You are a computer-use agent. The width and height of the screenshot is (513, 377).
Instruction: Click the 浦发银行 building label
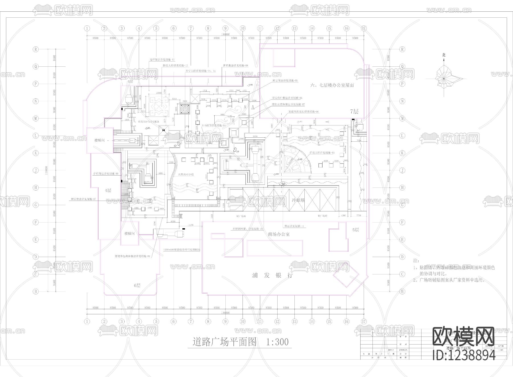(x=272, y=276)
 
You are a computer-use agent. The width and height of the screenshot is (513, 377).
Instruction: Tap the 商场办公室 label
(x=279, y=234)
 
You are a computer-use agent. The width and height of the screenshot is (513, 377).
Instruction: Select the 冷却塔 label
(x=298, y=200)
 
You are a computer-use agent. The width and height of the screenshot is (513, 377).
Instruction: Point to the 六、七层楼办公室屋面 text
(x=332, y=85)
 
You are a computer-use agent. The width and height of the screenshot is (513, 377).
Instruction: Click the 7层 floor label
(x=354, y=111)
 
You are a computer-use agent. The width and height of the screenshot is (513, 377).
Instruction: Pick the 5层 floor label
(x=356, y=230)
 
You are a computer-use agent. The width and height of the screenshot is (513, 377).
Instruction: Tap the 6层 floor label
(x=137, y=286)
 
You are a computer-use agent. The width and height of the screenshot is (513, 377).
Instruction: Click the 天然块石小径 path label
(x=186, y=174)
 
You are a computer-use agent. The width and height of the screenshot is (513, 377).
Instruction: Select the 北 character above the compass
(x=444, y=55)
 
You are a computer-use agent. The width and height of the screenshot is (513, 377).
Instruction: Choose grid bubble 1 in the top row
(x=87, y=28)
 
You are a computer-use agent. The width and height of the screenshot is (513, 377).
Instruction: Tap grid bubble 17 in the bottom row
(x=364, y=321)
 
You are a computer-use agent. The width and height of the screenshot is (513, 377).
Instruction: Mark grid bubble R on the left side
(x=36, y=49)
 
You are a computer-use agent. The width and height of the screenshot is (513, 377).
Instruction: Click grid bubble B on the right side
(x=402, y=292)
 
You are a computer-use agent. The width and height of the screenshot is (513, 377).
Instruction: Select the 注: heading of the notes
(x=416, y=261)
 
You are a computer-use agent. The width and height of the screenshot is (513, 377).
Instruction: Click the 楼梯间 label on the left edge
(x=100, y=140)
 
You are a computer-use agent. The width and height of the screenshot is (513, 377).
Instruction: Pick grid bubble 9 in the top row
(x=225, y=28)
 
